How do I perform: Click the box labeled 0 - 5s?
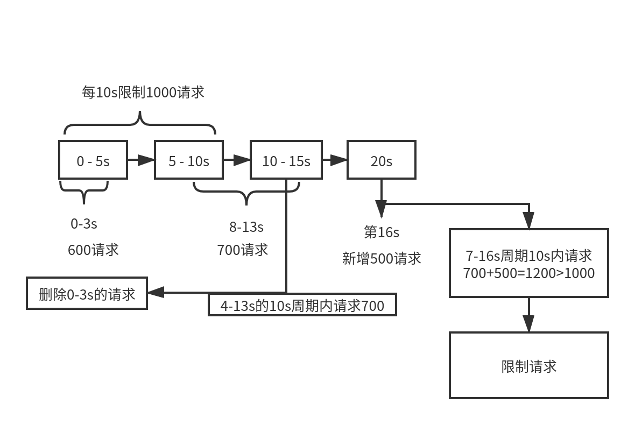coord(93,160)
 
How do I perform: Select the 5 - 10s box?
coord(188,160)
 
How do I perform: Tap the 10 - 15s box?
coord(286,160)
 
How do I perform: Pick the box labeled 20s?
coord(381,160)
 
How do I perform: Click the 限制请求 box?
coord(528,366)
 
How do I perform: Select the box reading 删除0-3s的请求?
coord(87,293)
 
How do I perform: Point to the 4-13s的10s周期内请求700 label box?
coord(302,305)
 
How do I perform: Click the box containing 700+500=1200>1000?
coord(528,263)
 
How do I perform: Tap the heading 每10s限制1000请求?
coord(143,92)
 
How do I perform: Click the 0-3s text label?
coord(84,224)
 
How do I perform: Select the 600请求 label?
coord(93,250)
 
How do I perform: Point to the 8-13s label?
coord(246,227)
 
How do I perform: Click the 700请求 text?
coord(242,250)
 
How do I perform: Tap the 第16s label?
coord(381,232)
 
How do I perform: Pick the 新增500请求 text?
coord(381,258)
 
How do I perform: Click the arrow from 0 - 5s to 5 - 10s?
coord(140,160)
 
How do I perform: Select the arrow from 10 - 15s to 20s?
coord(335,160)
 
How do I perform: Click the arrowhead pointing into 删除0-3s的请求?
coord(155,293)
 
